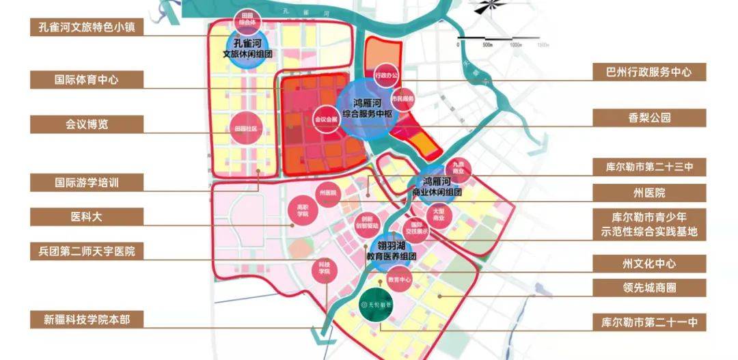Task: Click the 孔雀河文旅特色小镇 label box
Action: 87,27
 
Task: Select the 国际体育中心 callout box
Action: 87,79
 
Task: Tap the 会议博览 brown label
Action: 87,124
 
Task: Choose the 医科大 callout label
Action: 87,217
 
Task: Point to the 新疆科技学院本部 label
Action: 87,319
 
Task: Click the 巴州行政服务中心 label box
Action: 649,71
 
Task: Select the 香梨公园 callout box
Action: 649,117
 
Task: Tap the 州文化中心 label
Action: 649,263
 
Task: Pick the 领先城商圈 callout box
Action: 649,288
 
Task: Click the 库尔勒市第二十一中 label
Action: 649,322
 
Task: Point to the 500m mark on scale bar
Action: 487,44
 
